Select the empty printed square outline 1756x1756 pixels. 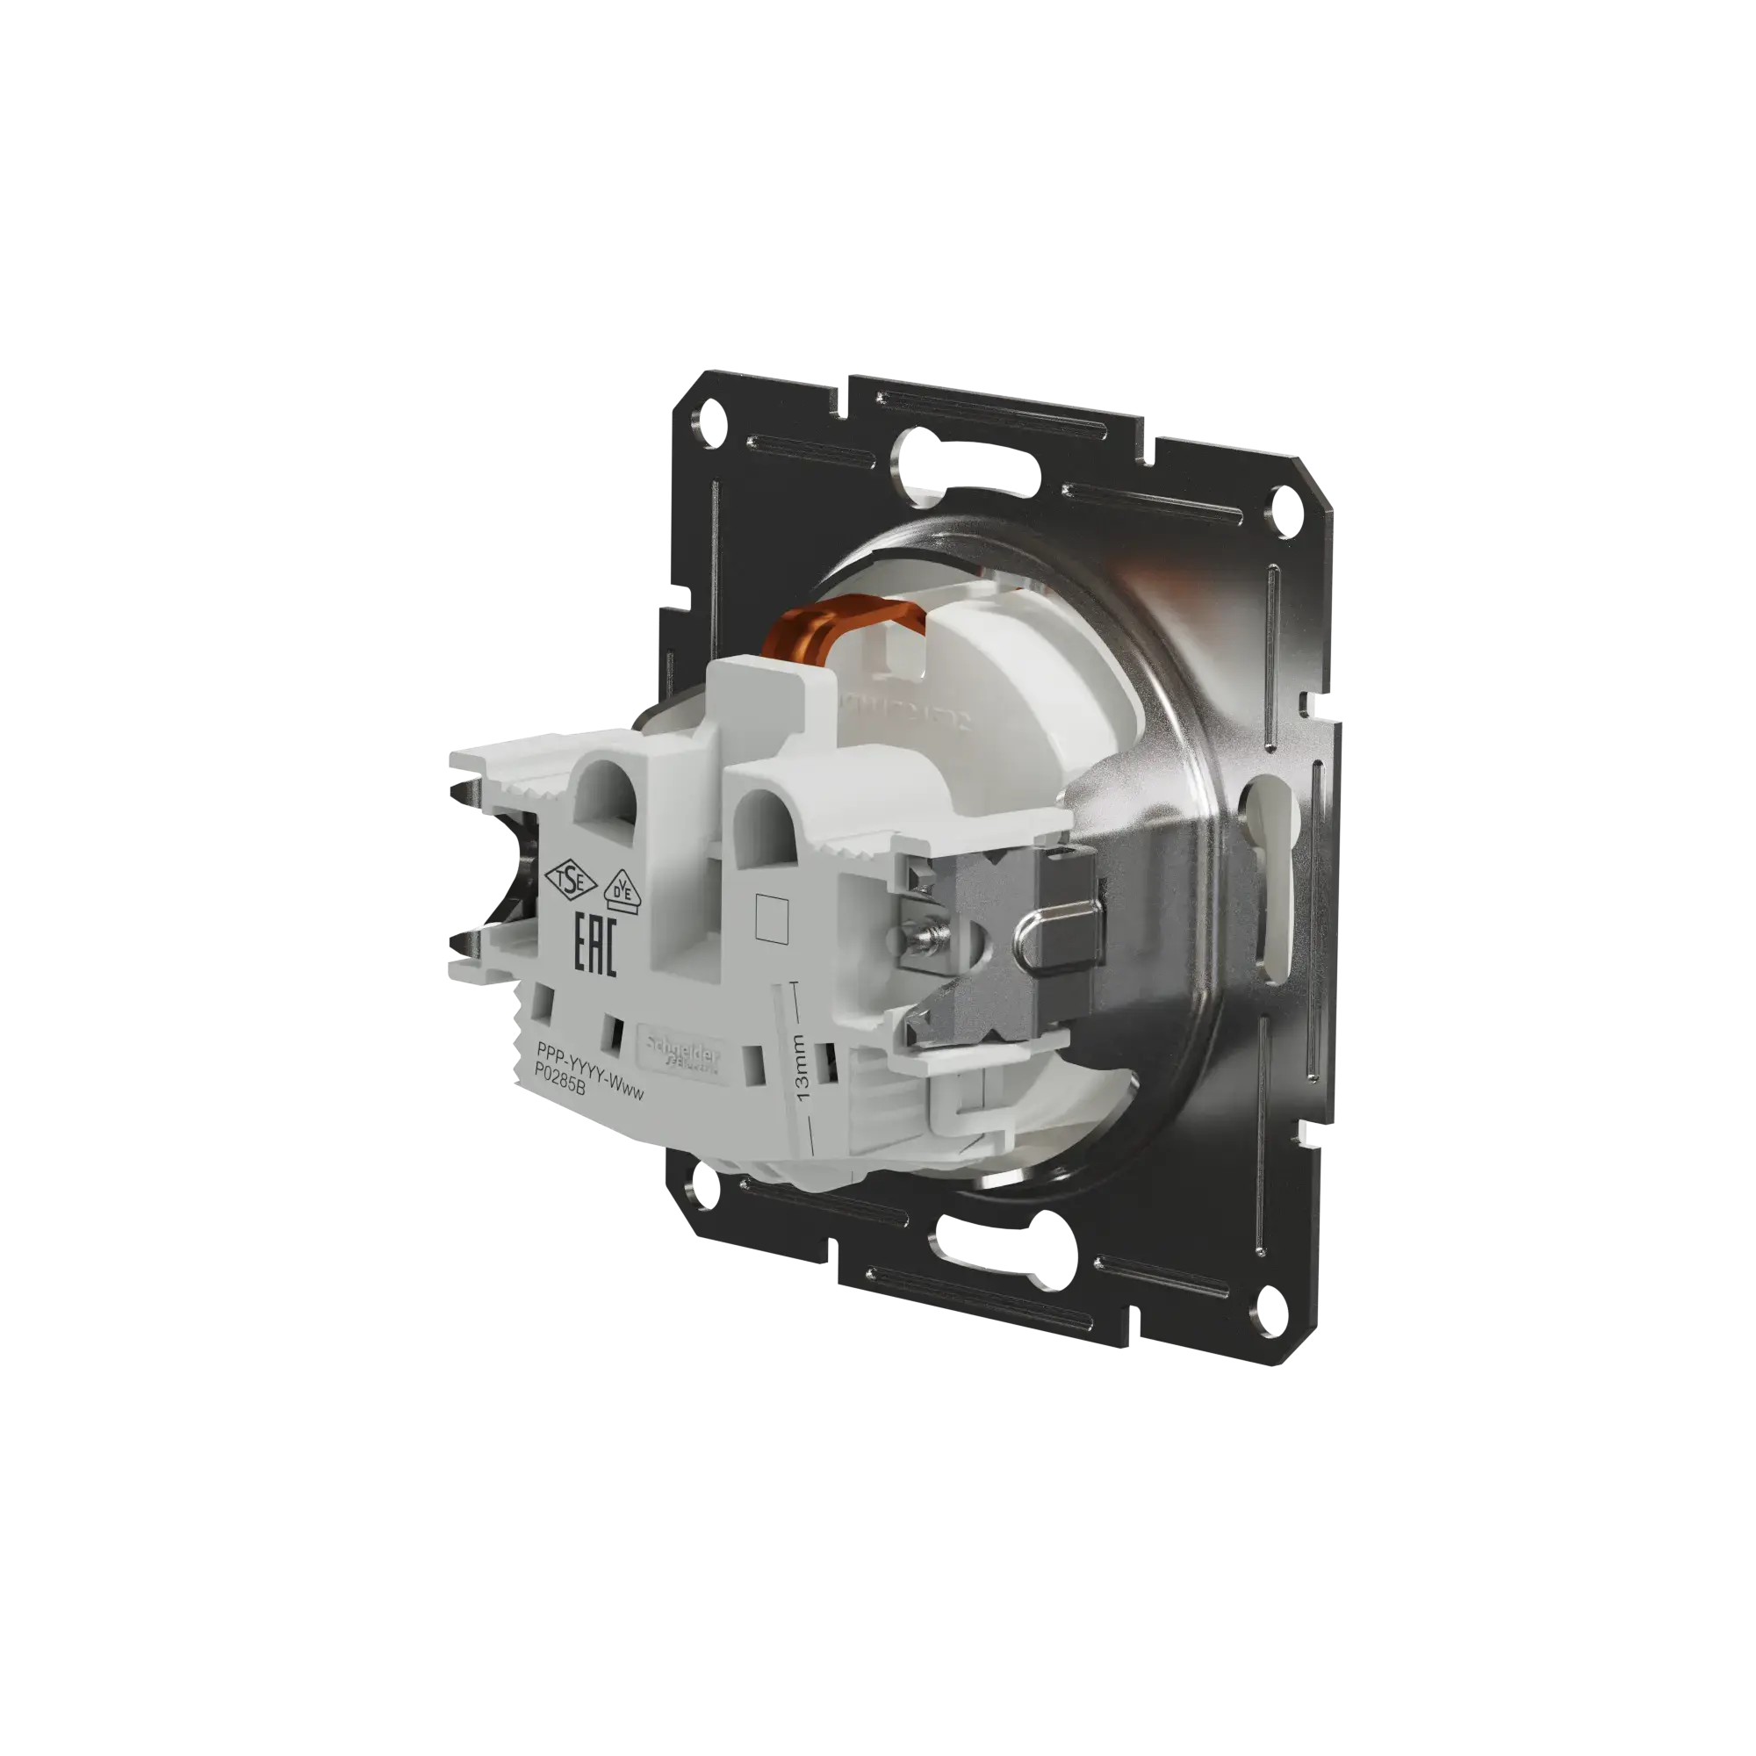(x=771, y=918)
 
